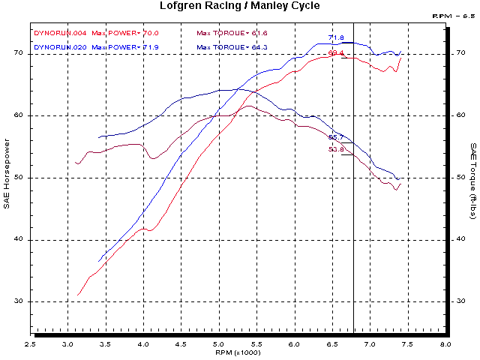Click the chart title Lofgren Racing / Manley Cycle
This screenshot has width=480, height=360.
240,6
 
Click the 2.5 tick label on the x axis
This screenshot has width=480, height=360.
31,344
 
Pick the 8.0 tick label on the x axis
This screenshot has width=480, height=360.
445,344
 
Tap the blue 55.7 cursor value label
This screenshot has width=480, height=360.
335,137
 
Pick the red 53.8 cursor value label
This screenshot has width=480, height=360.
335,149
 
